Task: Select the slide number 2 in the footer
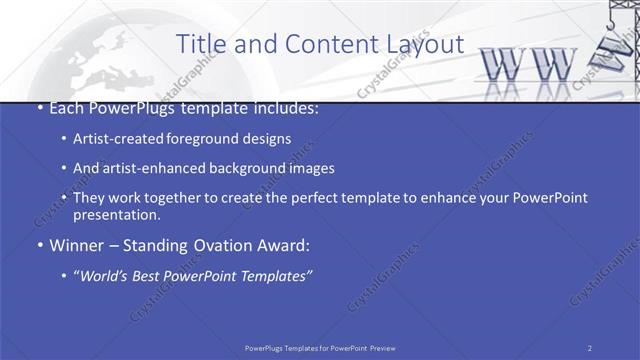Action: pyautogui.click(x=590, y=347)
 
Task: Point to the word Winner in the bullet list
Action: pyautogui.click(x=73, y=245)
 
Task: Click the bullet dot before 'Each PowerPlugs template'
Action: pyautogui.click(x=38, y=108)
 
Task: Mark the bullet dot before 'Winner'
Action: pyautogui.click(x=38, y=245)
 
